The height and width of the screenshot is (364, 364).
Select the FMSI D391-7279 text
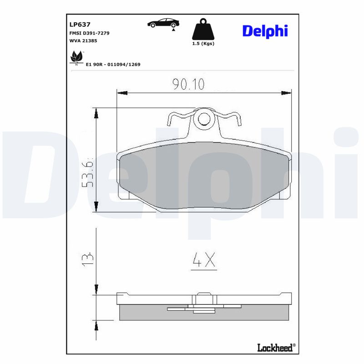[x=89, y=33]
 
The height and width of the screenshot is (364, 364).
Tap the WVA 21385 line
[x=83, y=40]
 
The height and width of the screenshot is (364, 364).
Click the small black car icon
[x=163, y=24]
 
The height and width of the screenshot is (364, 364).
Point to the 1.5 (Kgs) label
[x=203, y=44]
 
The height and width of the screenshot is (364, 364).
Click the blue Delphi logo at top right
[x=265, y=30]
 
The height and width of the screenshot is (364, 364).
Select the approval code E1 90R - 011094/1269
[x=113, y=65]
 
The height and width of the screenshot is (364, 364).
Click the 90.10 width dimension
[x=188, y=84]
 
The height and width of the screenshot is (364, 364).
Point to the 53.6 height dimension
[x=87, y=174]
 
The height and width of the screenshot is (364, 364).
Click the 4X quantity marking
[x=203, y=260]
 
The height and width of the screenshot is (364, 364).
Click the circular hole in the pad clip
[x=204, y=119]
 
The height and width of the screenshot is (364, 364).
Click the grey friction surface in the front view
[x=203, y=177]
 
